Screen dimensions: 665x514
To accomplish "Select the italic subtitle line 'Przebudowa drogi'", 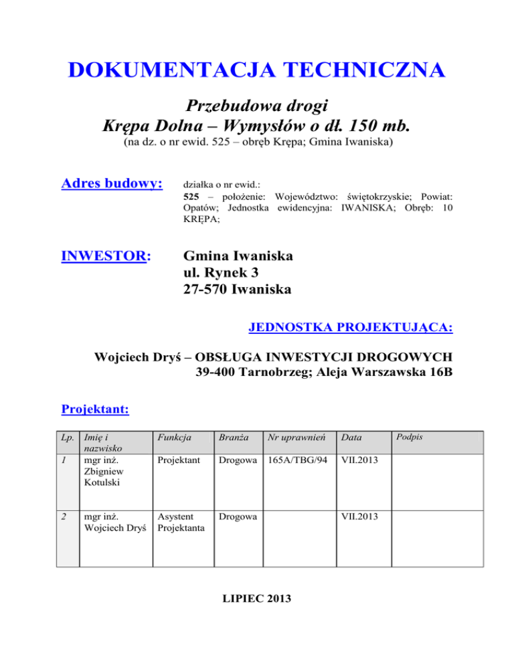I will coord(257,106).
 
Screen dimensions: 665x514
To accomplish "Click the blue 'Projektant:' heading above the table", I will coord(95,408).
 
